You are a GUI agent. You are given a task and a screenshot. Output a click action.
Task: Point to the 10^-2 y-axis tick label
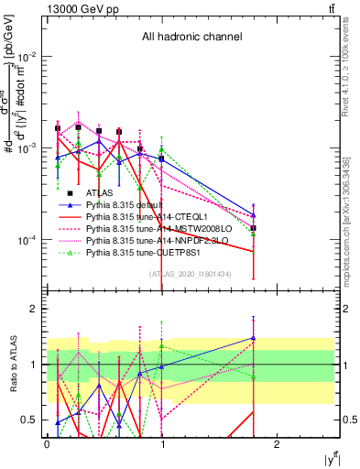(x=27, y=56)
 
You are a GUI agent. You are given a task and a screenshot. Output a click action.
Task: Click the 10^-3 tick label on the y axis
(x=27, y=147)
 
